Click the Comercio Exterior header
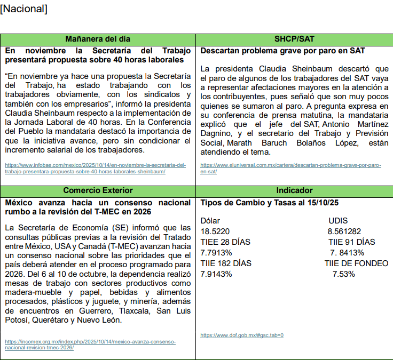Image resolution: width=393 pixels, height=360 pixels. pyautogui.click(x=98, y=190)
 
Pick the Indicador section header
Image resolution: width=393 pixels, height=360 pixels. pyautogui.click(x=294, y=190)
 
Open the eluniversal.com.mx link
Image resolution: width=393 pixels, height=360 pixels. pyautogui.click(x=290, y=168)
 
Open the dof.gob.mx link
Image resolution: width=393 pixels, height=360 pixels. pyautogui.click(x=242, y=335)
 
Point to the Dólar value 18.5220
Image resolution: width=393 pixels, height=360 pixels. pyautogui.click(x=215, y=231)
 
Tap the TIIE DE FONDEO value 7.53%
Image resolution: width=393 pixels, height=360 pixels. pyautogui.click(x=343, y=274)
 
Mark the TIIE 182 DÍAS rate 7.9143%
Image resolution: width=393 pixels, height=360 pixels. pyautogui.click(x=218, y=274)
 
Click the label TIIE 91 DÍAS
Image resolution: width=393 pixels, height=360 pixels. pyautogui.click(x=352, y=242)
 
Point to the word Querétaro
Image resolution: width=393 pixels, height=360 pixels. pyautogui.click(x=55, y=320)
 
